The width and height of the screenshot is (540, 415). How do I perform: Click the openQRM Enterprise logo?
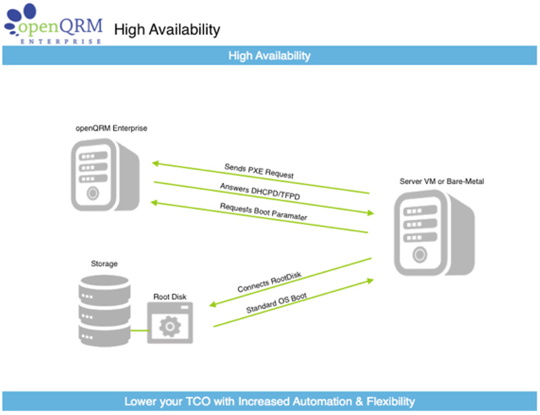point(53,24)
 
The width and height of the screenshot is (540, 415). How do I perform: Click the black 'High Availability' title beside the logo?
point(167,30)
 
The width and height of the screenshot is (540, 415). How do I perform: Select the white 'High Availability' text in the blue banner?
point(269,55)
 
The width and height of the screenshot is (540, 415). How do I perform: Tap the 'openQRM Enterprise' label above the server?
point(111,128)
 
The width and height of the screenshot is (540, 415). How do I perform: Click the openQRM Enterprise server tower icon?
point(105,175)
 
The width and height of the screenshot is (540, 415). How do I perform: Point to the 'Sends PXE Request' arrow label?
point(259,171)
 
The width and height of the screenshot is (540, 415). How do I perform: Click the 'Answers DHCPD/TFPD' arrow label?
point(260,191)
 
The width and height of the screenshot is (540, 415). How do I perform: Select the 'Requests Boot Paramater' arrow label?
point(264,212)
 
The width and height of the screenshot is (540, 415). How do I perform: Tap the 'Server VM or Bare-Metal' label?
point(441,181)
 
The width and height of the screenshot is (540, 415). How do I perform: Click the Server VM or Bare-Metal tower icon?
point(434,233)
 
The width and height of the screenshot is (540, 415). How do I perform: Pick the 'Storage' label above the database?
point(104,264)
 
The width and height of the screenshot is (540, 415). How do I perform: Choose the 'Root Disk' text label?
point(170,297)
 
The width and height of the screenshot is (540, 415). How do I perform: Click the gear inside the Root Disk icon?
point(170,326)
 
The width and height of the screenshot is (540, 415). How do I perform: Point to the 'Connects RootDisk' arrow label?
point(269,282)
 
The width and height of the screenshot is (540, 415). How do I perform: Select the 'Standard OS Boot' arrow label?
point(276,303)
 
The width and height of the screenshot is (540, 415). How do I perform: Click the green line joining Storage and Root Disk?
point(139,331)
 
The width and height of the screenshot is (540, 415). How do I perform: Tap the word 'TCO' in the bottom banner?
point(198,401)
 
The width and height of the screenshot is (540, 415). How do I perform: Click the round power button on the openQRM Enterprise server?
point(93,193)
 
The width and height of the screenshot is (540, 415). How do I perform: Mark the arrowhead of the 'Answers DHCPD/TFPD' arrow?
point(371,213)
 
